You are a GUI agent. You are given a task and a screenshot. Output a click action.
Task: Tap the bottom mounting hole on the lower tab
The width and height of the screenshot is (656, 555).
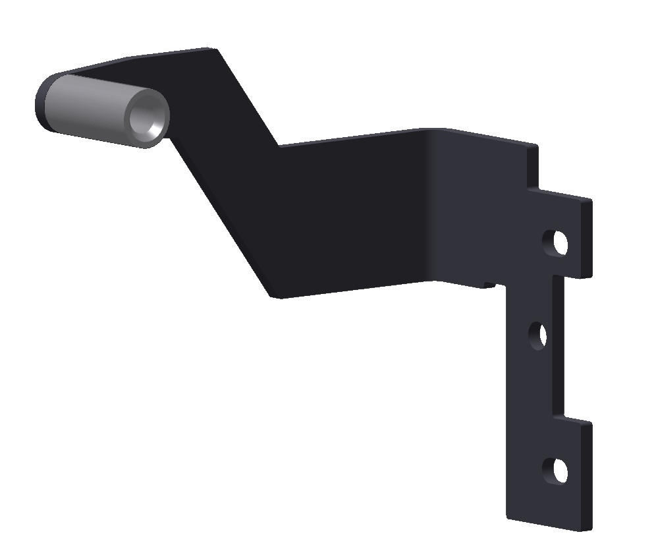(555, 471)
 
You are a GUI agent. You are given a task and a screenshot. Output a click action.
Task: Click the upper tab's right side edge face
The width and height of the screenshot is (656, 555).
(586, 237)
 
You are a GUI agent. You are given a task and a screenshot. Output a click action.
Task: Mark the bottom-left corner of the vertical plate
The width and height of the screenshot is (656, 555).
(508, 517)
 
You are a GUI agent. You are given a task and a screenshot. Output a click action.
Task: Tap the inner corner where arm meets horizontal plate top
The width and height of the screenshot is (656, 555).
(279, 146)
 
